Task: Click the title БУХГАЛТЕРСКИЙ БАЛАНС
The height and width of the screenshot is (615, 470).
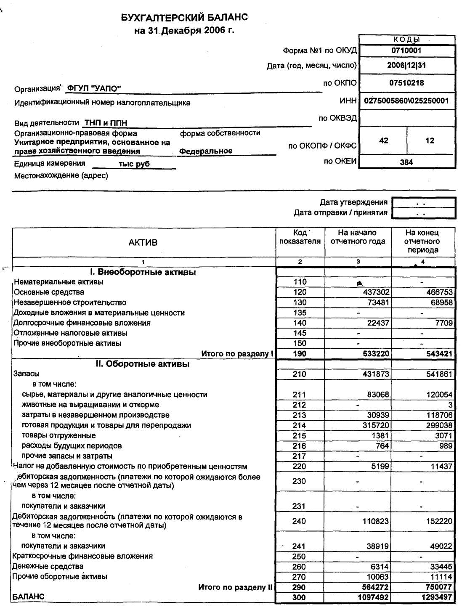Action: pyautogui.click(x=184, y=18)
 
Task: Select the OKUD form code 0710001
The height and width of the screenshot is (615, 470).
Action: pyautogui.click(x=406, y=50)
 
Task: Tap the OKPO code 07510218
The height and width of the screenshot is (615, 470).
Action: pyautogui.click(x=406, y=83)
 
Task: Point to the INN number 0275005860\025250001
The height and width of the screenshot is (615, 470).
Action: pyautogui.click(x=406, y=101)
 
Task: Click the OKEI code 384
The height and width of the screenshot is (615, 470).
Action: pyautogui.click(x=406, y=162)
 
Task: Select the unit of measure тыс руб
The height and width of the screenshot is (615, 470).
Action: pyautogui.click(x=134, y=164)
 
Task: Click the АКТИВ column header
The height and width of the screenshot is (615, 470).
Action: pyautogui.click(x=143, y=242)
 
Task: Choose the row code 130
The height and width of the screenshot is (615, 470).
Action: pyautogui.click(x=300, y=302)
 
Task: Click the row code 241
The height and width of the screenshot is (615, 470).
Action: pyautogui.click(x=299, y=546)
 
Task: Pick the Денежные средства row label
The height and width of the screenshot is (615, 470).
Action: pyautogui.click(x=48, y=567)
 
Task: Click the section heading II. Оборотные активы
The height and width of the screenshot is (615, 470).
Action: pyautogui.click(x=142, y=364)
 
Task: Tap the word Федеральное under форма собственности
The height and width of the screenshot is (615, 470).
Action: pyautogui.click(x=206, y=151)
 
